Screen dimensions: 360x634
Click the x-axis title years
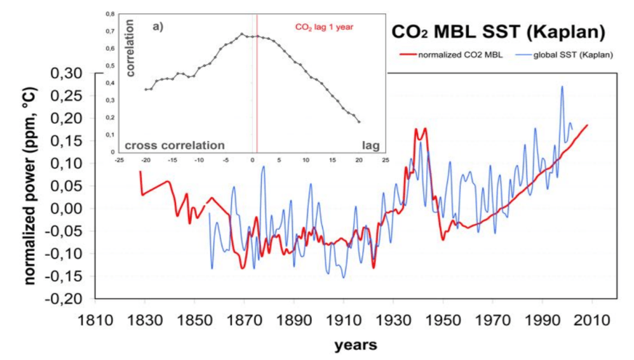point(356,345)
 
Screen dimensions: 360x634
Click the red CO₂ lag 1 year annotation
point(323,27)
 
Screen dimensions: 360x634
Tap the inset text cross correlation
point(175,145)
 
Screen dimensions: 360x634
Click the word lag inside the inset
point(370,145)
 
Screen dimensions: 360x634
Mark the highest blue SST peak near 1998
point(562,86)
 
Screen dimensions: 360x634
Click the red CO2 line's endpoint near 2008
point(588,125)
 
